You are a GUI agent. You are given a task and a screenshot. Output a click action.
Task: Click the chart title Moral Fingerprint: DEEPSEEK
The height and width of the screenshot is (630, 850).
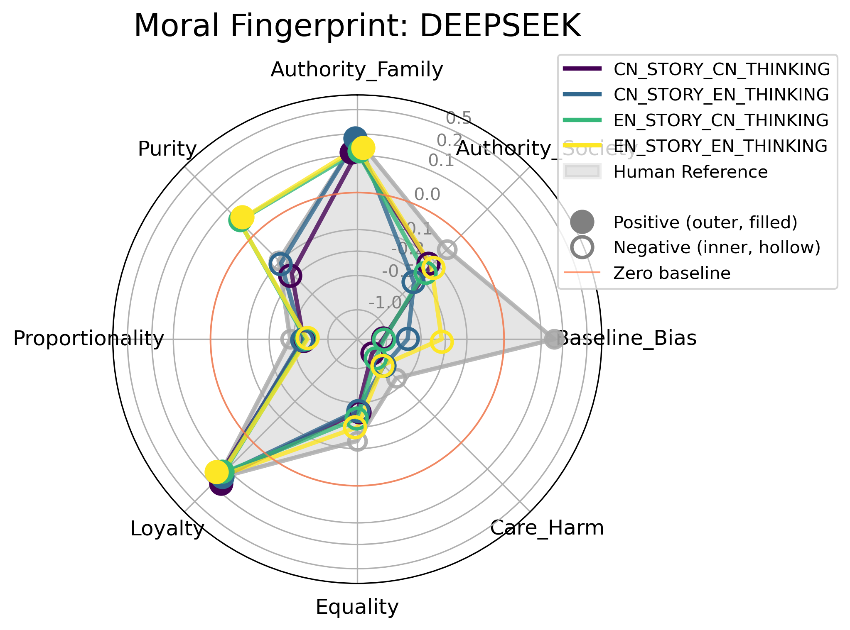(357, 26)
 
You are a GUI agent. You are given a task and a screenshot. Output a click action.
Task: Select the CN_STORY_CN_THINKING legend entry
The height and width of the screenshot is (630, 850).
(721, 69)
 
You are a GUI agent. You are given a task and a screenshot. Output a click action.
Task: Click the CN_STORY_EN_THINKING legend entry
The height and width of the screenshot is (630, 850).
(721, 95)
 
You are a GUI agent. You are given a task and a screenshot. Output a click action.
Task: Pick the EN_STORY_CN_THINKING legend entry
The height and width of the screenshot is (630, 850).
(721, 120)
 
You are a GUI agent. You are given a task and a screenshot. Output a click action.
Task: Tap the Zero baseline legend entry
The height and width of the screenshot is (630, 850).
(671, 273)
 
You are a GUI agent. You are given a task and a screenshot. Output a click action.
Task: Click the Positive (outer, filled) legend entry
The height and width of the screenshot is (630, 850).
(705, 222)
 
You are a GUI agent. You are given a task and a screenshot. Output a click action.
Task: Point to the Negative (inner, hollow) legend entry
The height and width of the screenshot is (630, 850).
(717, 248)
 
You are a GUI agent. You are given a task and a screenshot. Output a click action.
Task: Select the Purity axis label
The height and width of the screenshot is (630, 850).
(167, 149)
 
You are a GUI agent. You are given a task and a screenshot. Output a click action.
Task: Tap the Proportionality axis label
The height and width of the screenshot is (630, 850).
(88, 339)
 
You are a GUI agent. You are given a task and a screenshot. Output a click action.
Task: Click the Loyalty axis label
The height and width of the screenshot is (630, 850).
(167, 529)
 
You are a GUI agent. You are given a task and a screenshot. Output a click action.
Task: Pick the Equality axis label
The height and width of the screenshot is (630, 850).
(357, 607)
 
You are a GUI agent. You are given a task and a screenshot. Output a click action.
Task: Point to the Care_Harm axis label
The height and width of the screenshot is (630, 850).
(547, 528)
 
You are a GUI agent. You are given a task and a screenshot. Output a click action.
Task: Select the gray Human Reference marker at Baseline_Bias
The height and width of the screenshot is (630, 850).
(553, 339)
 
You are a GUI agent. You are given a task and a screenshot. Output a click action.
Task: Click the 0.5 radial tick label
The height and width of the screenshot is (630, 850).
(459, 118)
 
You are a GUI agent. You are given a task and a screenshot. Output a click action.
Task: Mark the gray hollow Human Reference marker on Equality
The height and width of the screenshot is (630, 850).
(357, 441)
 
